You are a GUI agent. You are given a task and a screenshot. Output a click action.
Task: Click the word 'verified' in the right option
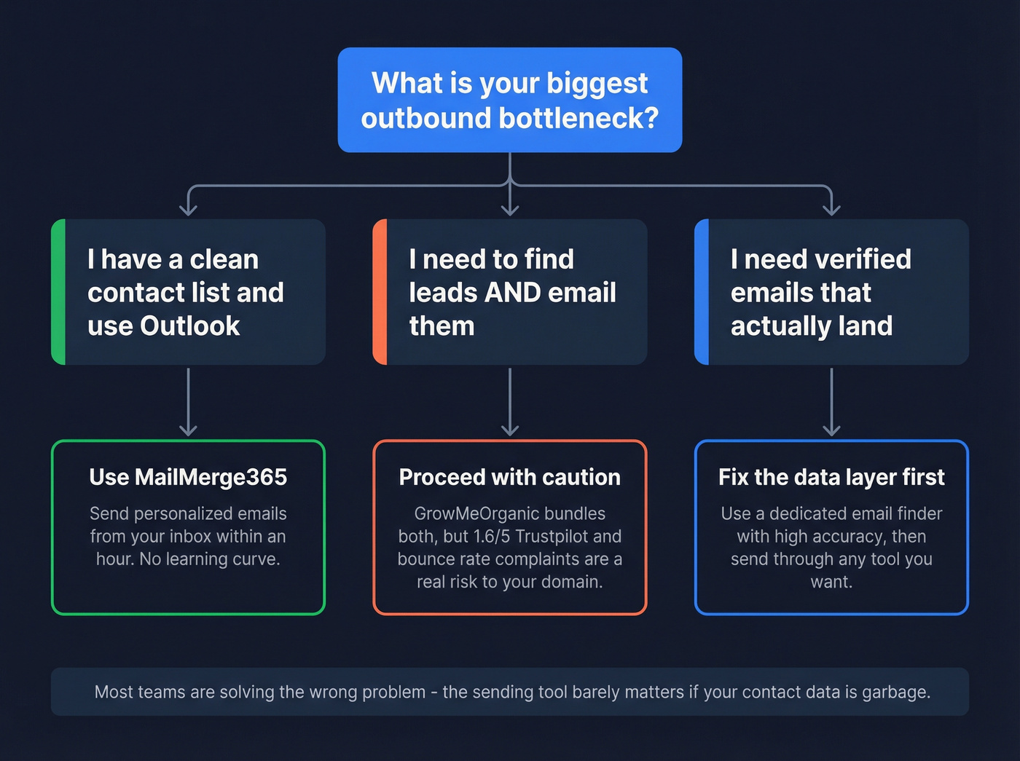tap(863, 259)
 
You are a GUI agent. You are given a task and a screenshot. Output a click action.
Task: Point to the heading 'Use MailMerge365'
tap(188, 477)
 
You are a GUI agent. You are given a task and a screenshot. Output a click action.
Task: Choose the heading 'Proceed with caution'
tap(509, 477)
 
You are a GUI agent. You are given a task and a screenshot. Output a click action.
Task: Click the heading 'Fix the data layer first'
tap(831, 477)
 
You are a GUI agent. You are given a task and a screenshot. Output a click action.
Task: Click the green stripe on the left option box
tap(58, 292)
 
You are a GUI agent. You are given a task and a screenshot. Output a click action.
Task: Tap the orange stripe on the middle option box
tap(380, 292)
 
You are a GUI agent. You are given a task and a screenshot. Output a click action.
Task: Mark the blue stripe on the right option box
tap(702, 292)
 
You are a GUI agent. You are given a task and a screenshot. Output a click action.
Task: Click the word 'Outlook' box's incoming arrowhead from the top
tap(188, 210)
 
